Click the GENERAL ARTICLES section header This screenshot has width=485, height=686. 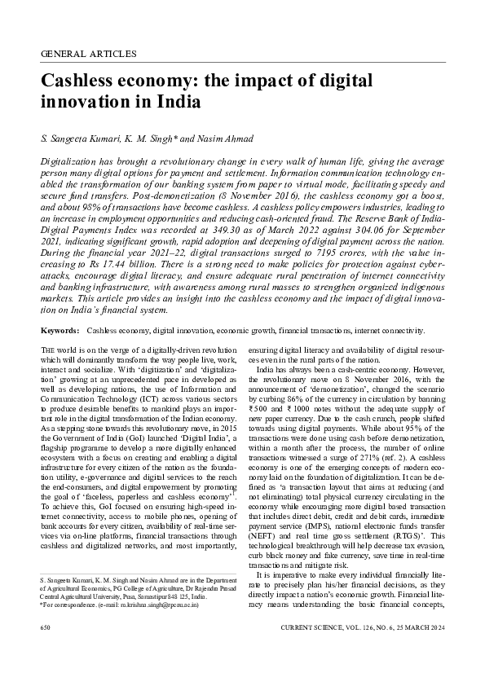(x=88, y=54)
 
